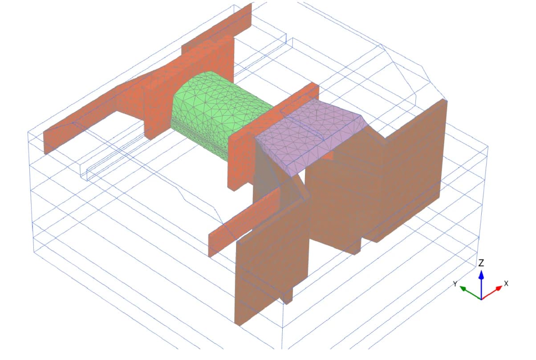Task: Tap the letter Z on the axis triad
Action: tap(481, 263)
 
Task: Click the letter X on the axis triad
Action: tap(506, 284)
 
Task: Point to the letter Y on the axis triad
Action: tap(455, 284)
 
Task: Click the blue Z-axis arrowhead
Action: tap(481, 274)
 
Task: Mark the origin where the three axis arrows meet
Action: tap(481, 299)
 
